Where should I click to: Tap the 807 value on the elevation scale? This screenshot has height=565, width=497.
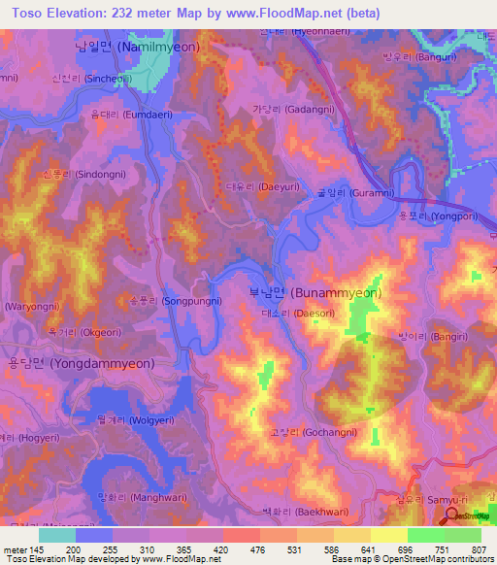[480, 550]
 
